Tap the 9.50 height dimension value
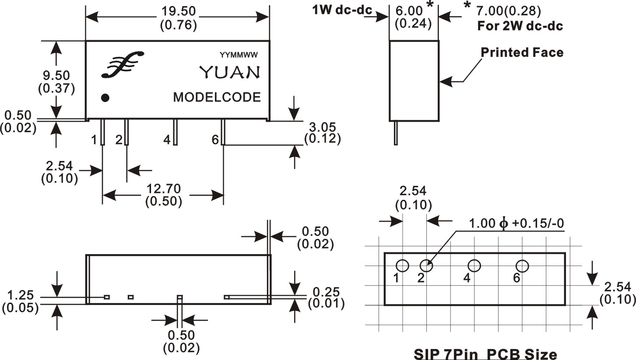click(x=56, y=76)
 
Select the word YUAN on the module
click(x=230, y=72)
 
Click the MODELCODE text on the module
click(x=217, y=97)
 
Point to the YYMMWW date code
click(x=239, y=55)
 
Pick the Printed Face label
click(x=522, y=52)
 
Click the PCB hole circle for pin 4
click(x=474, y=266)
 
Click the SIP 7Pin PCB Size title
click(x=485, y=353)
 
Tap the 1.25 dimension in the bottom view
click(x=19, y=294)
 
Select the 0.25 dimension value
click(x=326, y=292)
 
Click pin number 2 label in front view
click(x=119, y=140)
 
